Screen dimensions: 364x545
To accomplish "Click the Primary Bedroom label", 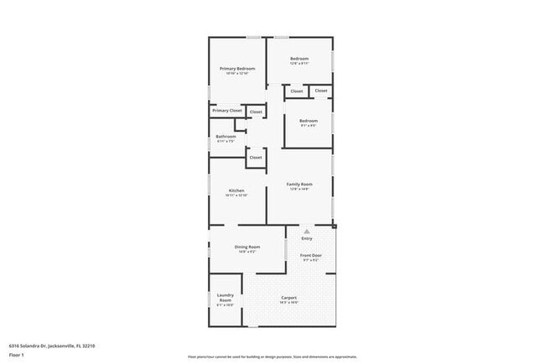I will coord(237,68).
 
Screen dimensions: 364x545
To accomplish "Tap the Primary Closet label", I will coord(226,111).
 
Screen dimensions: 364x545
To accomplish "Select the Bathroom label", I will coord(226,137).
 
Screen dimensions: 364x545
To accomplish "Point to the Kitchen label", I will coord(236,190).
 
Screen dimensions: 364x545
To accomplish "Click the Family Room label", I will coord(299,184).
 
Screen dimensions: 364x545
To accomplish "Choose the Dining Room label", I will coord(247,247).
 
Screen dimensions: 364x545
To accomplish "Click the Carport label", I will coord(288,298).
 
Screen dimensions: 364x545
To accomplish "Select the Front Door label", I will coord(310,254).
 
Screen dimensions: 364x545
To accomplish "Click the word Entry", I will coord(307,239).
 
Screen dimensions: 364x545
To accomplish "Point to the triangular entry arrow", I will coord(307,231).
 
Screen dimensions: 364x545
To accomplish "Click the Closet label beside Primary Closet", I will coord(256,112).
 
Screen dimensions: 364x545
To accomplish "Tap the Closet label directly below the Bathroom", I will coord(256,157).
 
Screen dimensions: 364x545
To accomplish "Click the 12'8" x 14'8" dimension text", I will coord(299,189).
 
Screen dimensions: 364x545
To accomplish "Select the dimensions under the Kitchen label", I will coord(236,195).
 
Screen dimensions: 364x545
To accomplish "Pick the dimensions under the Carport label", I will coord(288,303).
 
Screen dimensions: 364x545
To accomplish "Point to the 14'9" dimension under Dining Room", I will coord(247,252).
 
